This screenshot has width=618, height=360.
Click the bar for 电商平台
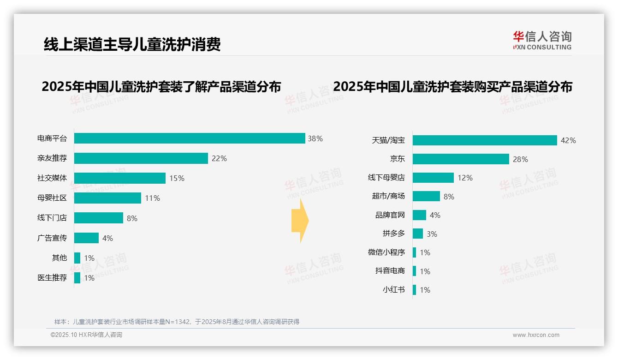[x=190, y=138]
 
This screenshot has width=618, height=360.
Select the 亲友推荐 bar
[x=141, y=158]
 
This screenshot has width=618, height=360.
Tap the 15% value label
[x=177, y=178]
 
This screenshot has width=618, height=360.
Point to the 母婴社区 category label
[x=52, y=198]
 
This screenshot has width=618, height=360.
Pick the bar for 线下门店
[x=99, y=218]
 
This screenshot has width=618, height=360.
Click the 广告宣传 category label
[x=52, y=238]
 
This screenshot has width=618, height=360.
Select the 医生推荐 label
[x=52, y=278]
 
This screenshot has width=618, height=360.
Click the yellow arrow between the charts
[x=300, y=221]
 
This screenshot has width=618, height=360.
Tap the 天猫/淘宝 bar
[x=485, y=140]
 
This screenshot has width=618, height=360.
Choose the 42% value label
[x=568, y=140]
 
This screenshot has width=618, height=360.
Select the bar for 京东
[x=461, y=159]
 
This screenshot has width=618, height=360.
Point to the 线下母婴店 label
[x=386, y=178]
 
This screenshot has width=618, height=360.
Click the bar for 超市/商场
[x=426, y=196]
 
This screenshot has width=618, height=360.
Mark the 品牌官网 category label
[x=390, y=215]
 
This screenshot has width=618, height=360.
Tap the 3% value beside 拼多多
[x=432, y=234]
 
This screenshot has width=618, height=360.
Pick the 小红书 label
[x=394, y=290]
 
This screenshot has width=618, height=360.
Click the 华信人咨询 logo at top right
[x=542, y=41]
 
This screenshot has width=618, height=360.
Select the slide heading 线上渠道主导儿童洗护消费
[x=132, y=44]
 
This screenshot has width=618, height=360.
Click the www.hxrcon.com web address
[x=536, y=335]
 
